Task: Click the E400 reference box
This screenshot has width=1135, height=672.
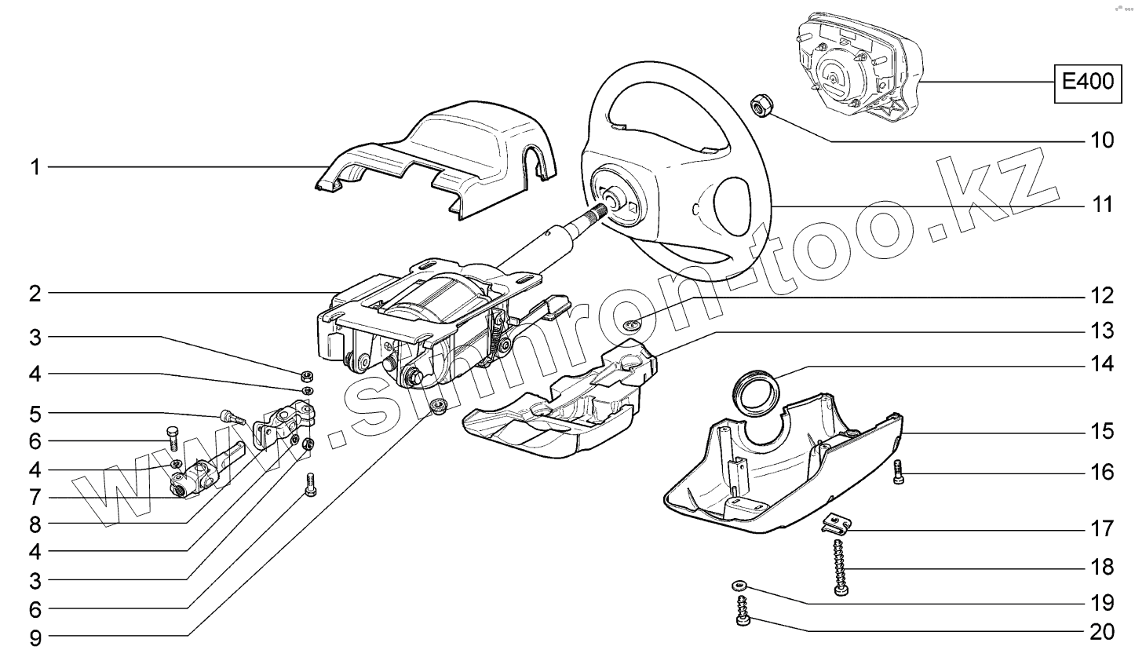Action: (x=1087, y=82)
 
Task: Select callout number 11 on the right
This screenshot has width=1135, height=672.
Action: (x=1102, y=205)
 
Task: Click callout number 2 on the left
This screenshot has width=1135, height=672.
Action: (x=35, y=294)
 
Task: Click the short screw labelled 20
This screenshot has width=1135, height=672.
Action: (x=743, y=612)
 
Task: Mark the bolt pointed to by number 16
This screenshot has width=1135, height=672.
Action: (x=899, y=472)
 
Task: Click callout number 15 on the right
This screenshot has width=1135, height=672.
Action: (x=1102, y=431)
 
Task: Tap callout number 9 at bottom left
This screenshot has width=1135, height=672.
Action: (x=35, y=637)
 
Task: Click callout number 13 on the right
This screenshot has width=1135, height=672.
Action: (x=1102, y=331)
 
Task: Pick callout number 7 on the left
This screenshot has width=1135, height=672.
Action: (x=35, y=498)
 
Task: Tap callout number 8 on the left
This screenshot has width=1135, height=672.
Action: (x=35, y=524)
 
